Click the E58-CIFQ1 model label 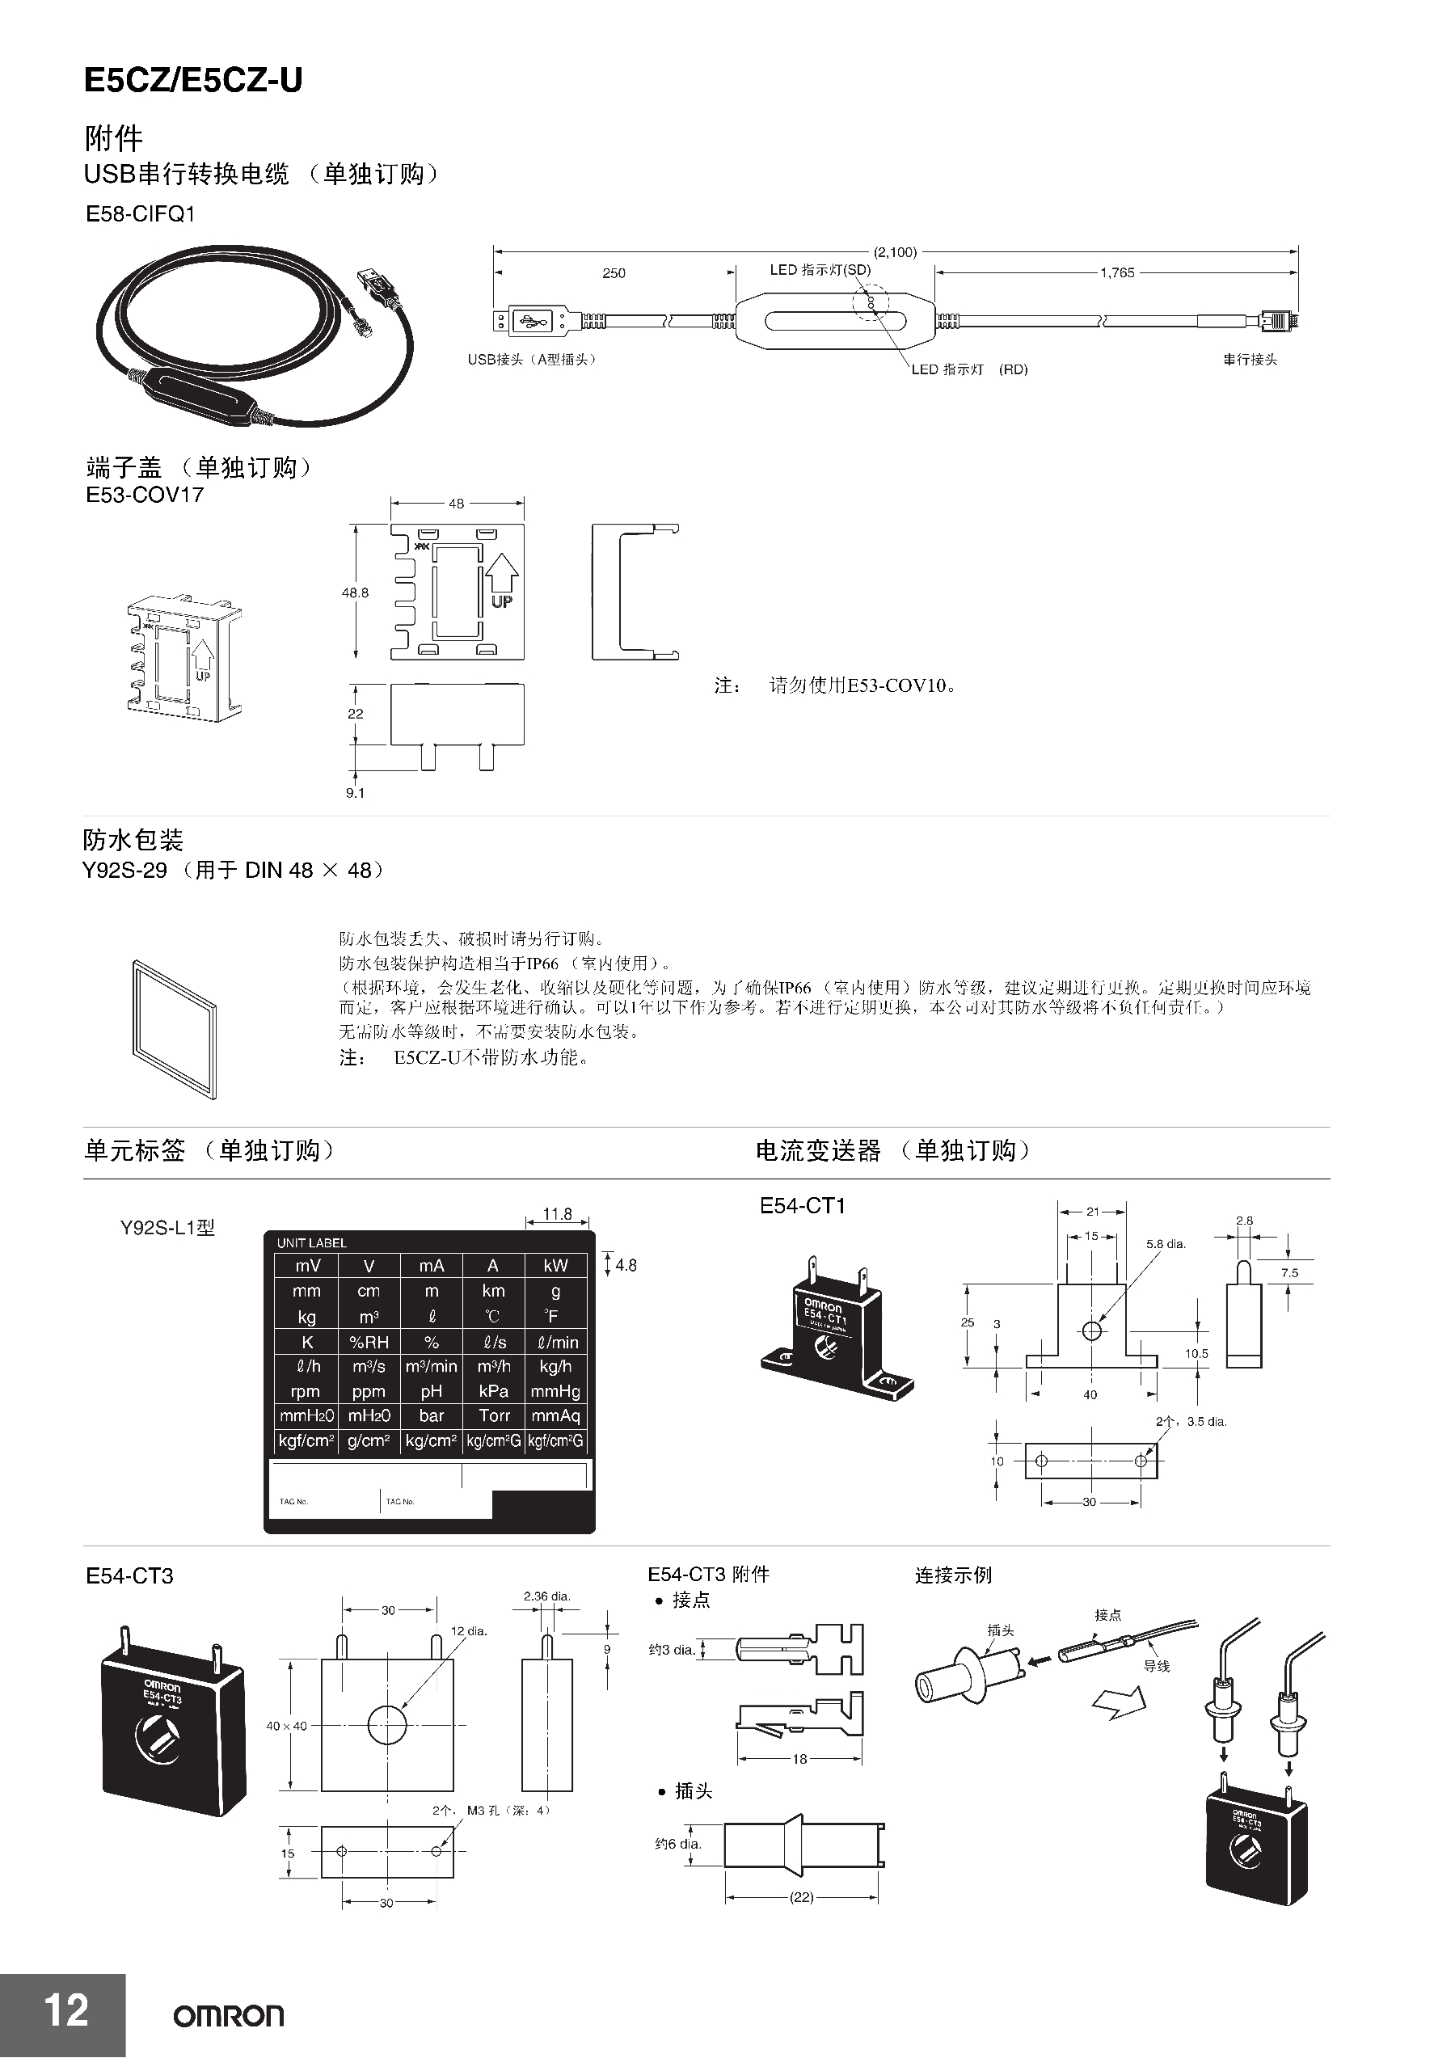(x=140, y=214)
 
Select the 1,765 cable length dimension (x=1117, y=272)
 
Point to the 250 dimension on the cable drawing (x=614, y=273)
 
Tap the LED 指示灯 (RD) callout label (x=969, y=369)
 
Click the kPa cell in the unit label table (x=494, y=1391)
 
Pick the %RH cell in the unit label (x=369, y=1342)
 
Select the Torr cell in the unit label (x=494, y=1415)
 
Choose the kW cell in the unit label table (x=556, y=1266)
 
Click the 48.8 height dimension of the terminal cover (x=355, y=593)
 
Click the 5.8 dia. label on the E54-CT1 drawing (x=1166, y=1244)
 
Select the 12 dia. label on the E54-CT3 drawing (x=469, y=1630)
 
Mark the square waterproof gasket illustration (x=175, y=1030)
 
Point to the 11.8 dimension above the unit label (x=557, y=1213)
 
